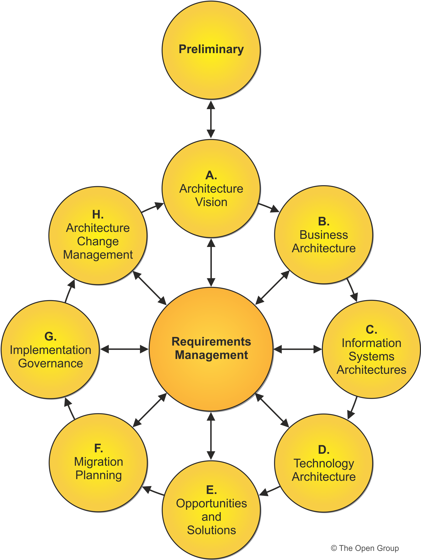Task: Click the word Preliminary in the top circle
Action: click(x=211, y=49)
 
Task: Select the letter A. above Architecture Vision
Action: click(x=211, y=175)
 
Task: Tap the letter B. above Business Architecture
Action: click(x=324, y=222)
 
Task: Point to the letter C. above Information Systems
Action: click(x=371, y=330)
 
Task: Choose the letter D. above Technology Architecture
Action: click(x=324, y=450)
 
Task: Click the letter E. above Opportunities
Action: click(x=211, y=490)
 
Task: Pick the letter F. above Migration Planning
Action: click(x=98, y=448)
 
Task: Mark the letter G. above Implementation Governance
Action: click(x=50, y=336)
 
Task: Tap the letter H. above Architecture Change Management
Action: click(x=98, y=215)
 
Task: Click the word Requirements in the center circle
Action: click(x=211, y=342)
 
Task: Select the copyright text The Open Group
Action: click(x=365, y=548)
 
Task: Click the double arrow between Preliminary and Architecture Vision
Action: click(x=211, y=119)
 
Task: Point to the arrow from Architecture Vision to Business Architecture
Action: click(x=269, y=207)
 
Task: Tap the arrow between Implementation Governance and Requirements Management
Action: click(x=124, y=349)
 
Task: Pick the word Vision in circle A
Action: click(x=211, y=202)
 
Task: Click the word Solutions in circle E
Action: click(x=211, y=530)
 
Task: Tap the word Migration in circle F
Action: click(x=98, y=462)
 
